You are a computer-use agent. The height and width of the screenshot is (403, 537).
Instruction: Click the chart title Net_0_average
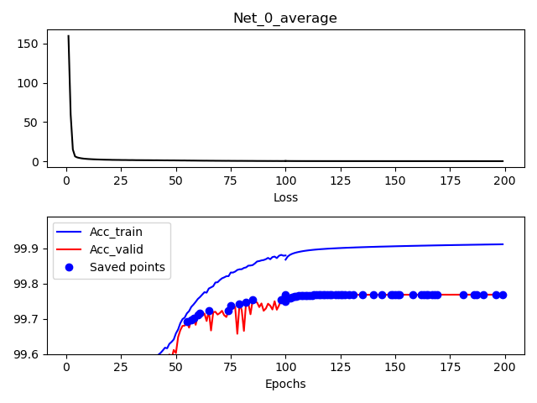(x=285, y=18)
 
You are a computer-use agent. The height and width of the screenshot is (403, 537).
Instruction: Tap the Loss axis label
(x=285, y=197)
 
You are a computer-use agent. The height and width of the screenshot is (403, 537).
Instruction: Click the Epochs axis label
(x=285, y=384)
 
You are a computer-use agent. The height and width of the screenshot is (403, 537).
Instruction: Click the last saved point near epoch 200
(x=503, y=295)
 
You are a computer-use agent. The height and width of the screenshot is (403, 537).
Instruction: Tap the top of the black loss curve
(x=68, y=36)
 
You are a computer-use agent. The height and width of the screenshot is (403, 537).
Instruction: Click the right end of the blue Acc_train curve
(x=503, y=244)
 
